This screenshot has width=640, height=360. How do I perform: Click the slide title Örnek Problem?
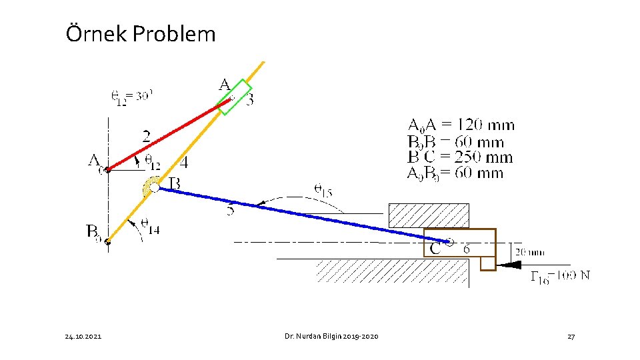click(x=141, y=33)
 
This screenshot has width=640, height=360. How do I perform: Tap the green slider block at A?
click(x=235, y=97)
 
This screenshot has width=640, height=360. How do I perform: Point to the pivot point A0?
click(x=108, y=169)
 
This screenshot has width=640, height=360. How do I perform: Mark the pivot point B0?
click(x=107, y=241)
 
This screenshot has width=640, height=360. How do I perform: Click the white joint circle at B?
click(x=154, y=188)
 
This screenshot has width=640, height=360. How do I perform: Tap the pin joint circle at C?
click(x=450, y=243)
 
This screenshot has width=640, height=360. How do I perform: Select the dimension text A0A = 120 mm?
click(x=461, y=125)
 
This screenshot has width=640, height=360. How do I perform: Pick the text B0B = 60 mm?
click(x=455, y=141)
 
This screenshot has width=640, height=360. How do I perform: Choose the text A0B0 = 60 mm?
click(x=455, y=173)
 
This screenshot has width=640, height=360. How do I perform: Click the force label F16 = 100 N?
click(x=560, y=276)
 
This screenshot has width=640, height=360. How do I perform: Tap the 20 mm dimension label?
click(x=530, y=252)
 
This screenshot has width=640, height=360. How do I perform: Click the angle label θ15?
click(x=323, y=190)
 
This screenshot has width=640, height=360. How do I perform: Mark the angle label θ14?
click(x=150, y=229)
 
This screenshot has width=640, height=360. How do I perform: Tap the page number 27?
click(x=571, y=337)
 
